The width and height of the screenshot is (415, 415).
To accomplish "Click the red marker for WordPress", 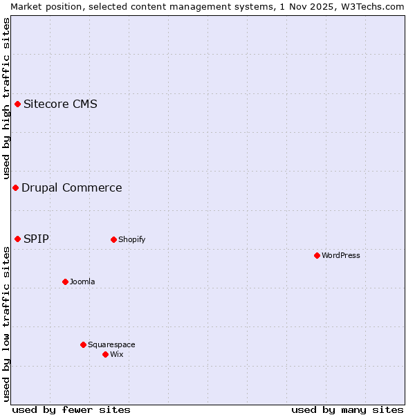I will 317,255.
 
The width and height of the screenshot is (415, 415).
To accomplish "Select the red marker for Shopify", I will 113,239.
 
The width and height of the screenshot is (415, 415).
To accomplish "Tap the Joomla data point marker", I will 65,282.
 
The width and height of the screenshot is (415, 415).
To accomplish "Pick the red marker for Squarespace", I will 83,344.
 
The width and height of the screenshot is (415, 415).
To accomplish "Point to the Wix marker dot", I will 105,354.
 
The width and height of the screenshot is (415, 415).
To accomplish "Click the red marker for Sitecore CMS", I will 18,104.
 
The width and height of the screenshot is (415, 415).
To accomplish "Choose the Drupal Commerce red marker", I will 15,187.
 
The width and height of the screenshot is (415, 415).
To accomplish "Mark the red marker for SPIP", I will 18,239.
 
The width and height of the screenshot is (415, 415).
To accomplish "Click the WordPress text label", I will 341,255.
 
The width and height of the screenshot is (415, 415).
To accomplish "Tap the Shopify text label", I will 131,239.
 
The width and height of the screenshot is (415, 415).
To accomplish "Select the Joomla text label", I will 82,282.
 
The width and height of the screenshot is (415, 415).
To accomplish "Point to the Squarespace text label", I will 111,344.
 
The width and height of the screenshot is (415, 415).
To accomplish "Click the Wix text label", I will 117,354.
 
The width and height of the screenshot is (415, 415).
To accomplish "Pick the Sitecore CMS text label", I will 60,104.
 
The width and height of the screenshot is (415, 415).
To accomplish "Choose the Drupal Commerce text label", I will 72,187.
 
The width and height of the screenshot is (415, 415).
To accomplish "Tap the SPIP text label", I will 36,239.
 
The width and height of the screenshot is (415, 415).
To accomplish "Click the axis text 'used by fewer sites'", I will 71,409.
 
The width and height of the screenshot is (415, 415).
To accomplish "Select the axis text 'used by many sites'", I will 347,409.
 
